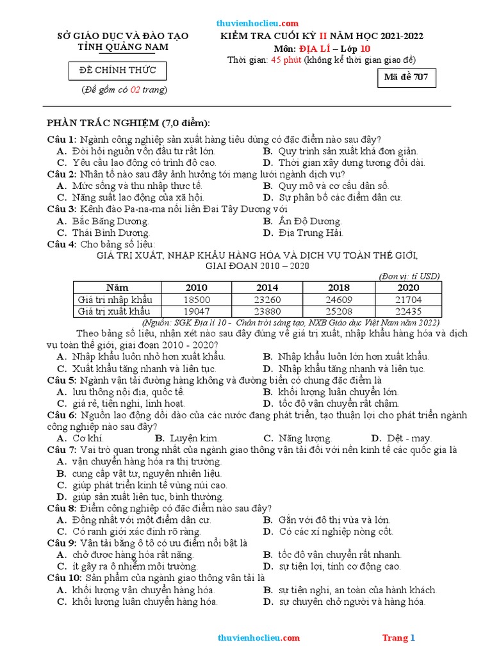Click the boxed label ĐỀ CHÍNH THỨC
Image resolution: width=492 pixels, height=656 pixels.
click(x=118, y=70)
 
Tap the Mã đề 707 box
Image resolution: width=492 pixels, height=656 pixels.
click(x=408, y=78)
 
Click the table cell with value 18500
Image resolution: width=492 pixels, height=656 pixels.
click(x=197, y=299)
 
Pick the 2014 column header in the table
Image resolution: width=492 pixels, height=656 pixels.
click(x=268, y=288)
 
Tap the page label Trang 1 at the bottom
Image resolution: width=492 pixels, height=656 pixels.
click(x=399, y=637)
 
